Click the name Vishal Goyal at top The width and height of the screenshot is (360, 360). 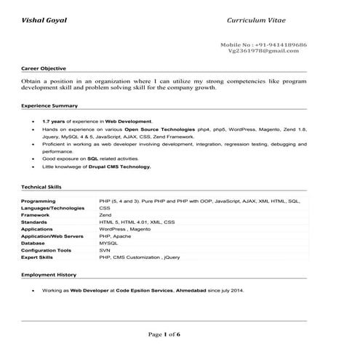pyautogui.click(x=44, y=20)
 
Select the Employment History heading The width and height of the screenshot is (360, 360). pyautogui.click(x=49, y=276)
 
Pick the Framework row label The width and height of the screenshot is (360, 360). pyautogui.click(x=36, y=215)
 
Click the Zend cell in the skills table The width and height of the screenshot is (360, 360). pyautogui.click(x=105, y=215)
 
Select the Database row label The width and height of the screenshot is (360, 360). pyautogui.click(x=33, y=243)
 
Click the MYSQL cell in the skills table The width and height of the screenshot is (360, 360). pyautogui.click(x=108, y=243)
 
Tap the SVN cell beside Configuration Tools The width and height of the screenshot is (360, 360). pyautogui.click(x=105, y=250)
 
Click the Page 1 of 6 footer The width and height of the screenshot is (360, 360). pyautogui.click(x=164, y=334)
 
